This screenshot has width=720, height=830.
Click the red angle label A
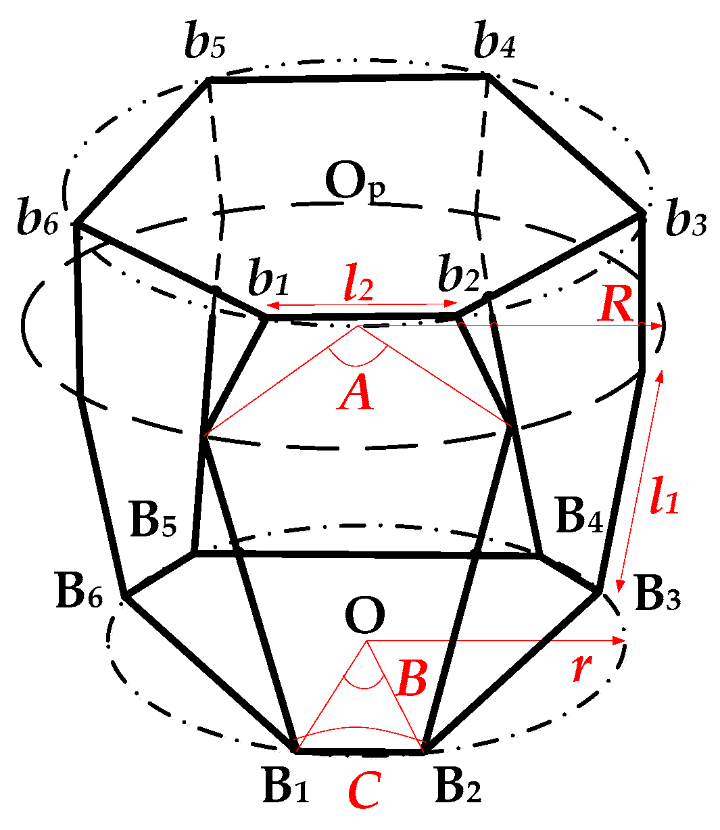pyautogui.click(x=356, y=394)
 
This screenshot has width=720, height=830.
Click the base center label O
pyautogui.click(x=365, y=616)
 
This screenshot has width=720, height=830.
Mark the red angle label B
pyautogui.click(x=411, y=679)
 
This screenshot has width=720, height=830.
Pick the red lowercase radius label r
pyautogui.click(x=579, y=669)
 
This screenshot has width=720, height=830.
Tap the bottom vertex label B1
pyautogui.click(x=285, y=787)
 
